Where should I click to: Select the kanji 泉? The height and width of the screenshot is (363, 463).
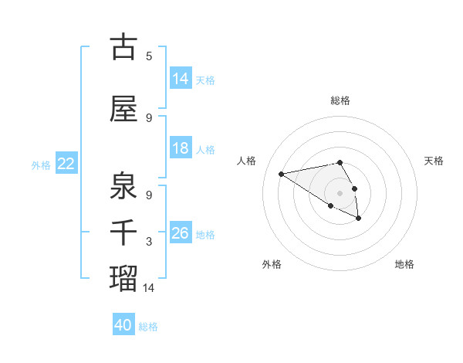[x=123, y=185]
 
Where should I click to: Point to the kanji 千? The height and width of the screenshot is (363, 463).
[x=123, y=232]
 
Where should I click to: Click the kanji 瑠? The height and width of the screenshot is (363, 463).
[x=123, y=276]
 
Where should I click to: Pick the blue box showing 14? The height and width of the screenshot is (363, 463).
[x=181, y=78]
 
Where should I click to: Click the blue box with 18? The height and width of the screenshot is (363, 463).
[x=181, y=148]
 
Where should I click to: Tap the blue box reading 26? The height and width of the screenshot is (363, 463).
[x=181, y=233]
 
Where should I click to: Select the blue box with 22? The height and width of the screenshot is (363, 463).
[x=66, y=164]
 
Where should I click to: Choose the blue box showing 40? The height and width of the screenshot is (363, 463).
[x=123, y=325]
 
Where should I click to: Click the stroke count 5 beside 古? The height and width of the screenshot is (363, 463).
[x=149, y=56]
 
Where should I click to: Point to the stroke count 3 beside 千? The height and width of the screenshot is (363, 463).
[x=149, y=242]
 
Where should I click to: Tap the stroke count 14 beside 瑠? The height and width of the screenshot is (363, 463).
[x=149, y=287]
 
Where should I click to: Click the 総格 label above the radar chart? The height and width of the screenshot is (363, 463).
[x=340, y=100]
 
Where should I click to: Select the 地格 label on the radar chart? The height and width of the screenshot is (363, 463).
[x=404, y=264]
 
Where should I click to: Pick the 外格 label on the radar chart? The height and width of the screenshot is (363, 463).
[x=272, y=264]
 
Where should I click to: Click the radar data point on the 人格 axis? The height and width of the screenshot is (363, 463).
[x=282, y=173]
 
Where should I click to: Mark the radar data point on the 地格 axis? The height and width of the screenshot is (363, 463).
[x=359, y=219]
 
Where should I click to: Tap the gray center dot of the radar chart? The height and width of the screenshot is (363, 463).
[x=340, y=192]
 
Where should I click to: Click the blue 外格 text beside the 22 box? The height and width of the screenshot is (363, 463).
[x=41, y=165]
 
